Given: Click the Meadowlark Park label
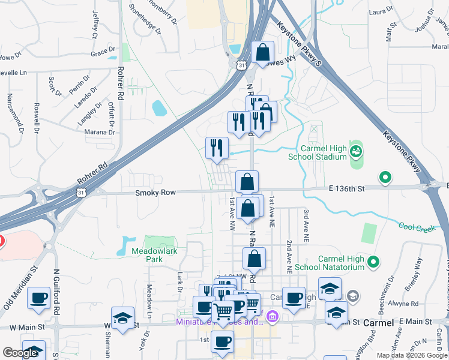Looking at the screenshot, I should [x=154, y=256].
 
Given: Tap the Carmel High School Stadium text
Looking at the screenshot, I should [x=318, y=152].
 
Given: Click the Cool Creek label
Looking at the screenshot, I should [x=417, y=227].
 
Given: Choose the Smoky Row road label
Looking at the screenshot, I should [x=155, y=193].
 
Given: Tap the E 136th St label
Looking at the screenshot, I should [x=346, y=188].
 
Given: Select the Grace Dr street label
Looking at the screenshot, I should [x=103, y=53].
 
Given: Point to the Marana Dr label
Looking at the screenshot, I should [x=100, y=132].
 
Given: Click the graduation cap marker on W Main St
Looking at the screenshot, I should [x=122, y=318].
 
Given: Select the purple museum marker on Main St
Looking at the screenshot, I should [x=273, y=316].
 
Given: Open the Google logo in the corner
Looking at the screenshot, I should [x=20, y=353].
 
